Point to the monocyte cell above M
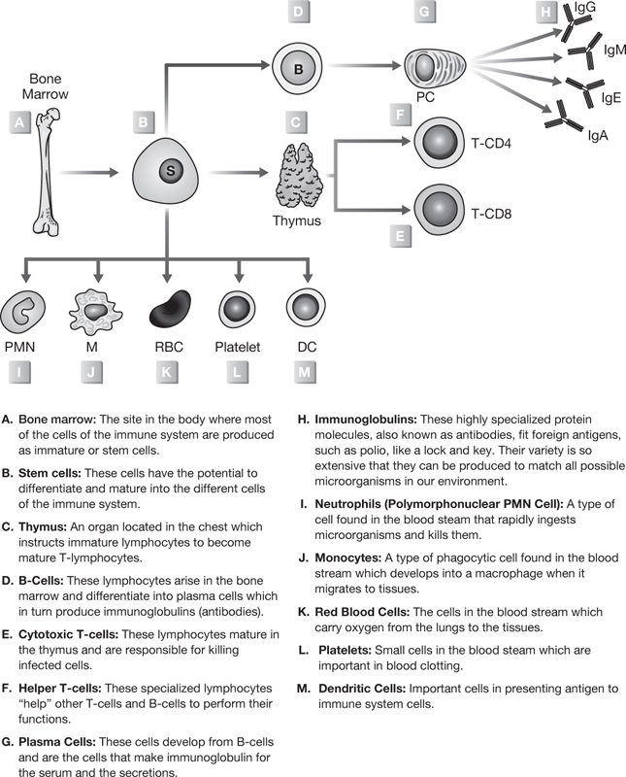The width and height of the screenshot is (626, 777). pos(97,309)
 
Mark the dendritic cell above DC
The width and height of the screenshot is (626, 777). pos(306,308)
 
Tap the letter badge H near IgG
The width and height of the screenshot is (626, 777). pos(548,12)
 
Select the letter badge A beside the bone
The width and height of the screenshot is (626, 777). pos(18,122)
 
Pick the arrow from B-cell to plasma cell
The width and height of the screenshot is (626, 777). pos(364,67)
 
